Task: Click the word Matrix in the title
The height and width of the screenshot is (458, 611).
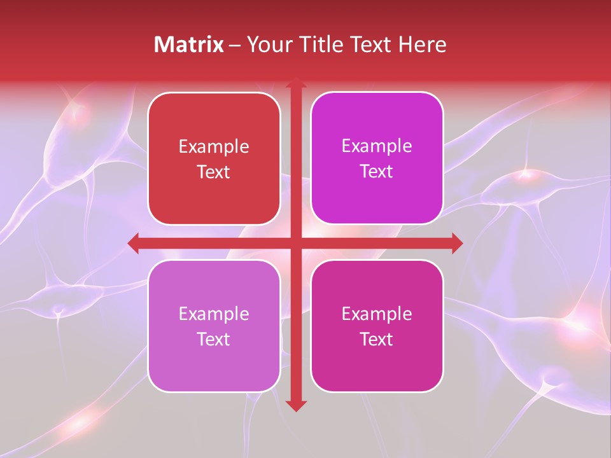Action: [189, 45]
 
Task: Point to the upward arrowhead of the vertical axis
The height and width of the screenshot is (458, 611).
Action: [296, 83]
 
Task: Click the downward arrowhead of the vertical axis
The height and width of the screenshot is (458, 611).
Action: [296, 405]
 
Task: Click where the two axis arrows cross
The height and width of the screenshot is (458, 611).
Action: [296, 243]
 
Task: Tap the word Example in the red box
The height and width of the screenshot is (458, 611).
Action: [214, 147]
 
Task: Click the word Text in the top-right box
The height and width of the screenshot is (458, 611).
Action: [377, 172]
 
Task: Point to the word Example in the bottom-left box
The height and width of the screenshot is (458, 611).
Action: [214, 314]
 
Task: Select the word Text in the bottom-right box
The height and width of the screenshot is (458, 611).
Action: [377, 340]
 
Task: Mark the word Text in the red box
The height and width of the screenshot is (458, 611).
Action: [214, 172]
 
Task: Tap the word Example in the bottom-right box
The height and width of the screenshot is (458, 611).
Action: [377, 314]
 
